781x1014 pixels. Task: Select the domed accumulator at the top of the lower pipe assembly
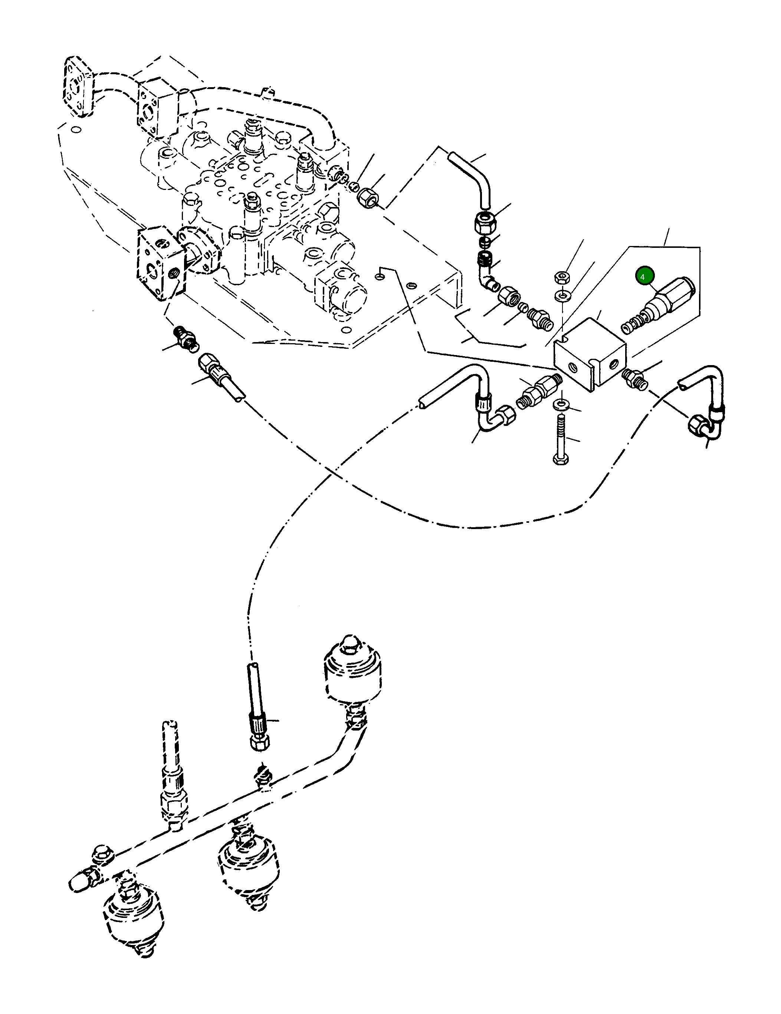point(354,671)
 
